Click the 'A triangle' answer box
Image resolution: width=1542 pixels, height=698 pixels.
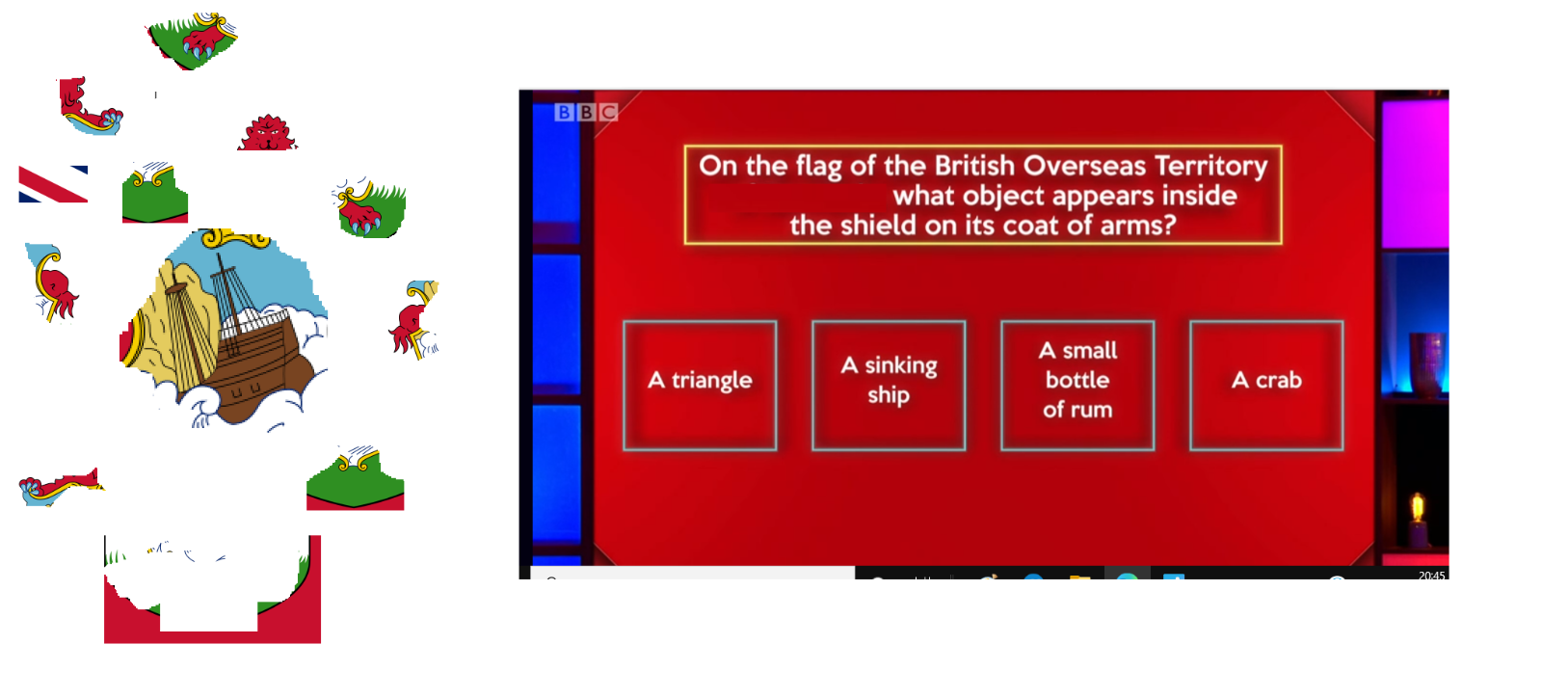[700, 386]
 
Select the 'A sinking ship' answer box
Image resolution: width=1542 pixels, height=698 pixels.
[889, 386]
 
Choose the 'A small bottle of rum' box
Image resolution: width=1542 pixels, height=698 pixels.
[1077, 386]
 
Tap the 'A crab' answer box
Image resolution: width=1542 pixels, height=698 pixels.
[1266, 386]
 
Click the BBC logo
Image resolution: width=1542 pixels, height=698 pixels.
[586, 112]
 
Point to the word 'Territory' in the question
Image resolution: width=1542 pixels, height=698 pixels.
[1210, 166]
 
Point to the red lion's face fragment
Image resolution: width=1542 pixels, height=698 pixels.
[268, 133]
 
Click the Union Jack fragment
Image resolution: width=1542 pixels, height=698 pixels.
[53, 184]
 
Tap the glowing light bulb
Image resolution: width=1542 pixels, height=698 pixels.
[1418, 508]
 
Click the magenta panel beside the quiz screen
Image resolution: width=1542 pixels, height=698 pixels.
[1415, 174]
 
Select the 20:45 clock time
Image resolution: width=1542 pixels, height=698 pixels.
[1432, 575]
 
